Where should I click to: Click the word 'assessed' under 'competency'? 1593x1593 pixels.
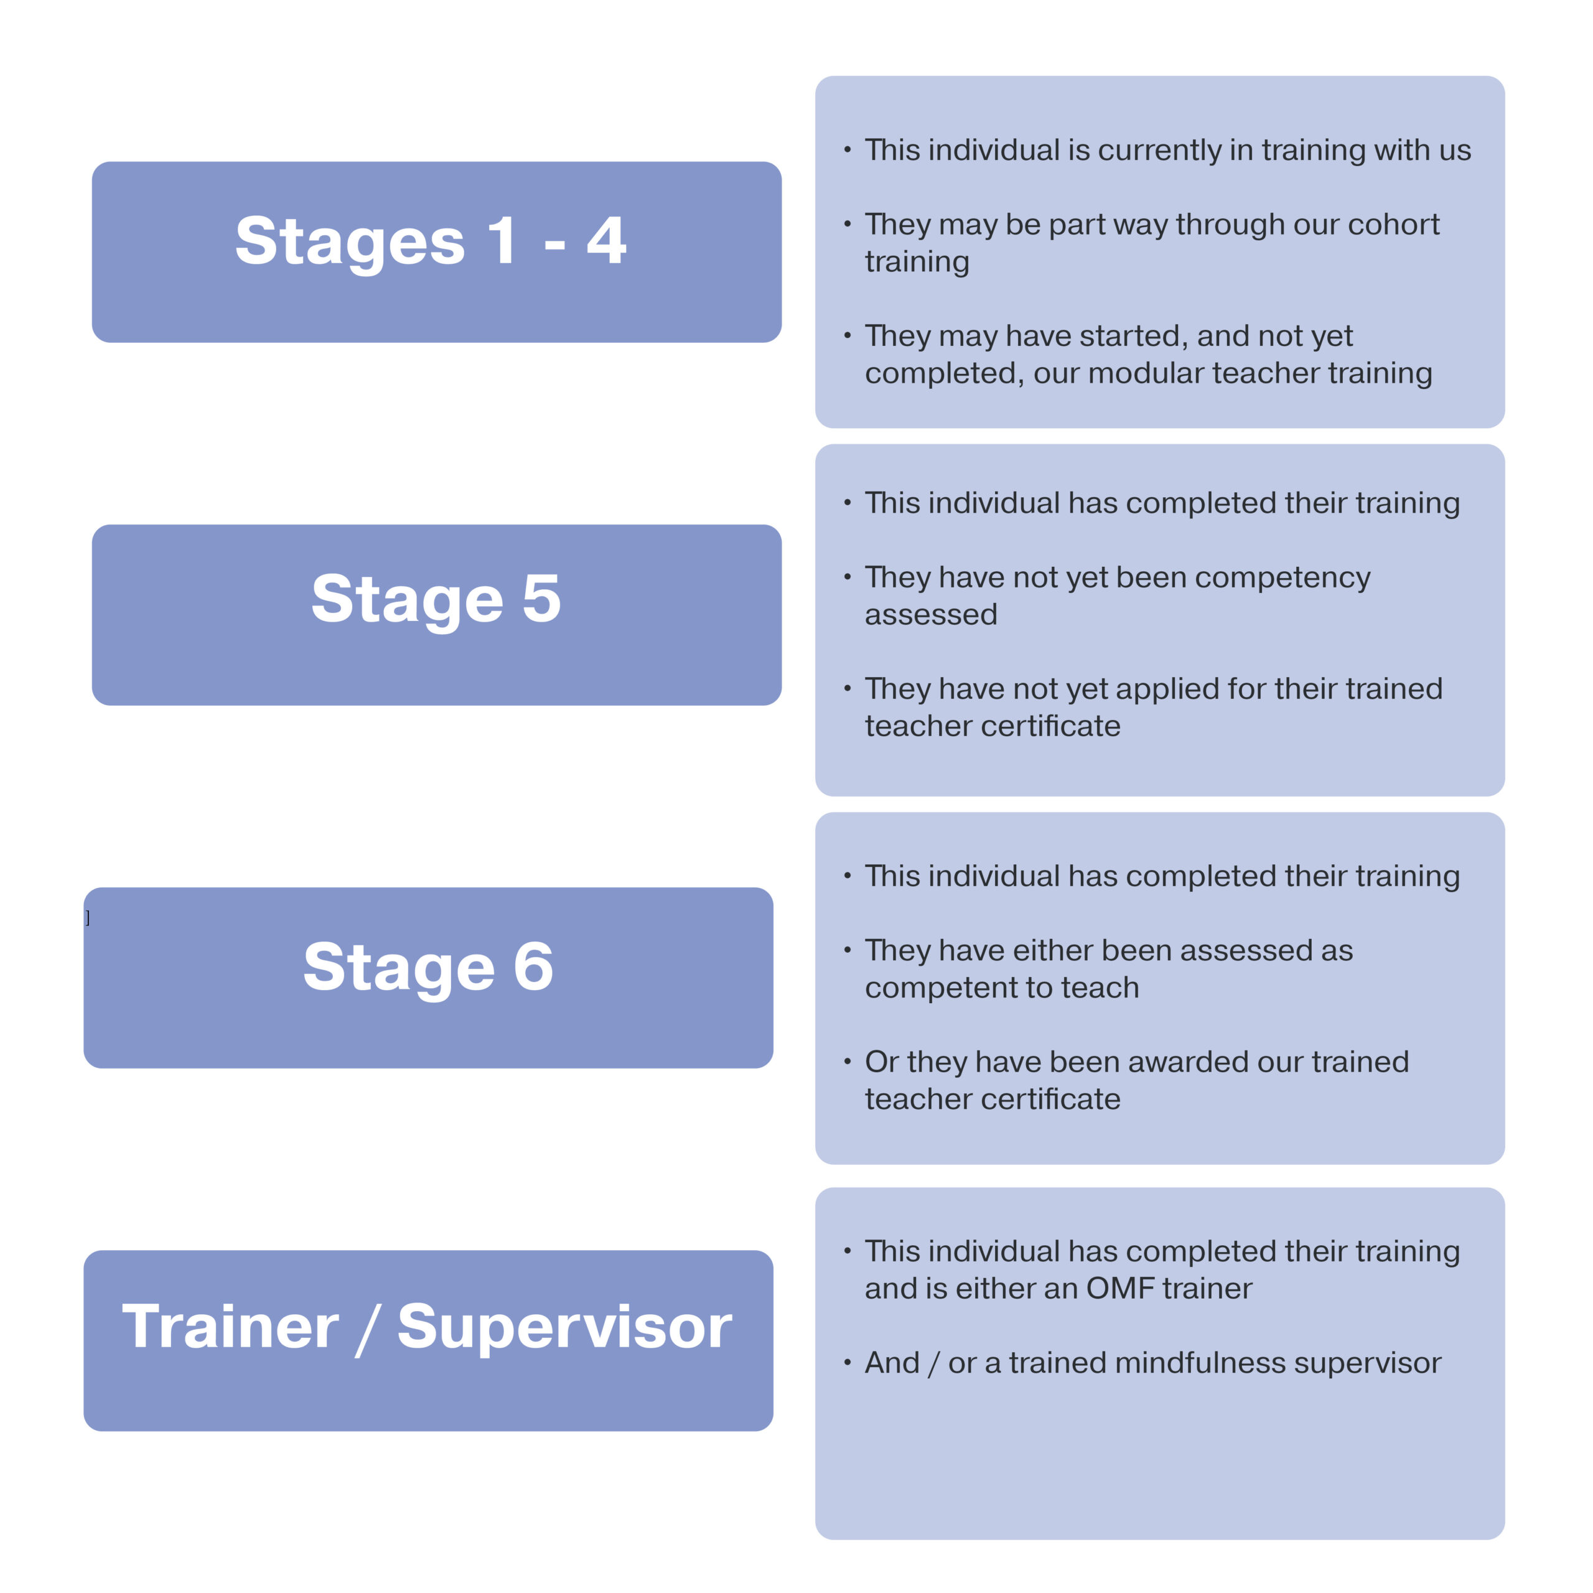click(931, 615)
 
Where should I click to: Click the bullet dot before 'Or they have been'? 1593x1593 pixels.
click(847, 1061)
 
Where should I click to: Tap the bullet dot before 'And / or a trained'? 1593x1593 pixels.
click(847, 1362)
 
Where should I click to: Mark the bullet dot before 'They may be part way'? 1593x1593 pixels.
click(847, 223)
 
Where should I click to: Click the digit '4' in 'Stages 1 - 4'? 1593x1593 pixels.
click(606, 240)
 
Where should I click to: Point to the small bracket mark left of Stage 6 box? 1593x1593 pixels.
click(87, 918)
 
